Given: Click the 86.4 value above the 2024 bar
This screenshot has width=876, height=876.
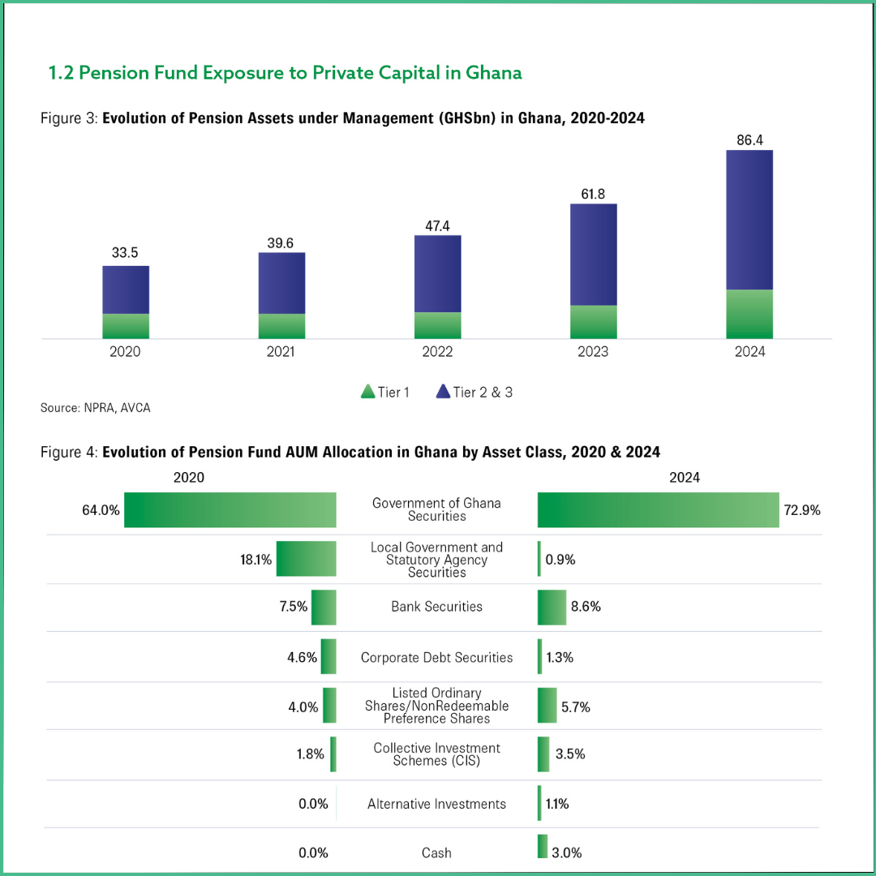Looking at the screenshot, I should [749, 141].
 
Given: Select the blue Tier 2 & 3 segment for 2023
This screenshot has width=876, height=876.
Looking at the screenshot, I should [593, 254].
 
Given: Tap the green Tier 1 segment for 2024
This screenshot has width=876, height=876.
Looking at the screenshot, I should [749, 314].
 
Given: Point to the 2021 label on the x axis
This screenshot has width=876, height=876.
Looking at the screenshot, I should [281, 352].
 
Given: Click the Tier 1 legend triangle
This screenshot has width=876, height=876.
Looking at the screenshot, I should [367, 393].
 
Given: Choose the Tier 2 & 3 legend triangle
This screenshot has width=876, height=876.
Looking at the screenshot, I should [443, 393].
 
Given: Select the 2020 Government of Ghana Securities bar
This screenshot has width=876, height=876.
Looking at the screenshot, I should [230, 510].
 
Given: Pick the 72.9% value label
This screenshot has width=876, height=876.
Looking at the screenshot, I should [802, 510].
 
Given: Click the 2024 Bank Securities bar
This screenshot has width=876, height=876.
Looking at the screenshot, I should [552, 607].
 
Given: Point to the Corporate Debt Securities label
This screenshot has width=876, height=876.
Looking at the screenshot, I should [436, 658].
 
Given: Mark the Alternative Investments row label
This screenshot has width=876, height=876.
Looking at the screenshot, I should [436, 804].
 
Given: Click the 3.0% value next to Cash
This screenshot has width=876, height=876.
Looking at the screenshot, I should [567, 852].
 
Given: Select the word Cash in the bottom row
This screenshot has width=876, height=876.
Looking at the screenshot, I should [436, 852].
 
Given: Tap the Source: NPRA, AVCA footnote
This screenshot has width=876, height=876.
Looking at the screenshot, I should [95, 408].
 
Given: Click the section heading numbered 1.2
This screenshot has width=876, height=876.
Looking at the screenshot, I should [285, 73].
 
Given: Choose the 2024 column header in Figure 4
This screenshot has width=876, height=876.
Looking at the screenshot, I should [684, 478].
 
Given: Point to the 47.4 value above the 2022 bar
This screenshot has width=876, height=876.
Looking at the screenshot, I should [437, 225].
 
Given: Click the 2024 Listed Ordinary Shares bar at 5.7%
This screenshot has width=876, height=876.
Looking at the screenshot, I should [547, 706].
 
